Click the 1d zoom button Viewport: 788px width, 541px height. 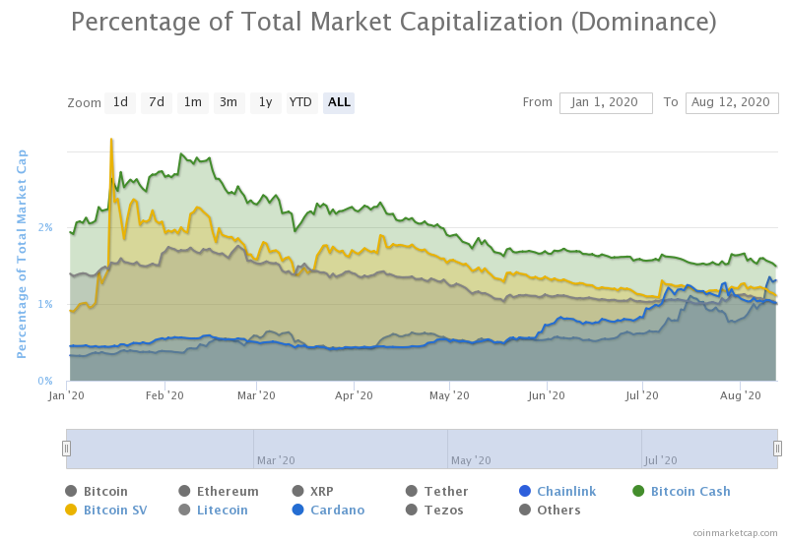[x=120, y=102]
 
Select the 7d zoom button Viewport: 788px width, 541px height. [x=156, y=102]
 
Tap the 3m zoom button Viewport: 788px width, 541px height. [x=229, y=102]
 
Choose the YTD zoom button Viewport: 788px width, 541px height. [x=300, y=102]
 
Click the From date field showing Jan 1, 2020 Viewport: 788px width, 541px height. [x=606, y=102]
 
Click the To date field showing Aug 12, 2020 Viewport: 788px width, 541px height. [x=732, y=102]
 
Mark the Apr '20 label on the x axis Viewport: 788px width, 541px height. [x=354, y=395]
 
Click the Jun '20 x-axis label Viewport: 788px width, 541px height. [x=547, y=395]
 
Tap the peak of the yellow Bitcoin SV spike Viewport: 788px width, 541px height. [x=111, y=140]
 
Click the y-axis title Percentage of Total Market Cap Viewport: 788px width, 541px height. [x=22, y=254]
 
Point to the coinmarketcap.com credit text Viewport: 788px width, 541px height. [x=735, y=532]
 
